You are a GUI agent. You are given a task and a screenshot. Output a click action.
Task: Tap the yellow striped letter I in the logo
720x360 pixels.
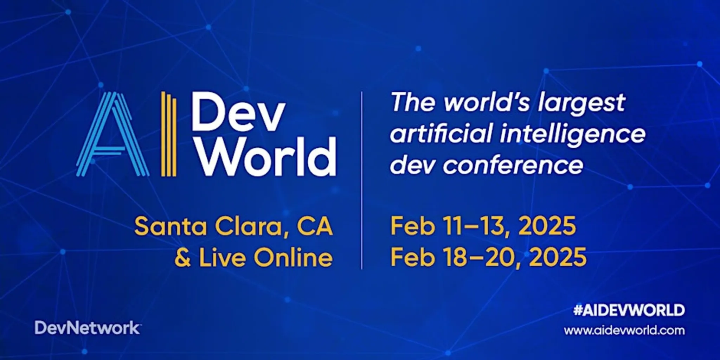[168, 134]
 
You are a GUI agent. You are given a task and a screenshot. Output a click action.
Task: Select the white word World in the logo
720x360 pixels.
[266, 156]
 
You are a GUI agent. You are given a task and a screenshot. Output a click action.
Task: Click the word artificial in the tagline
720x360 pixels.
[441, 134]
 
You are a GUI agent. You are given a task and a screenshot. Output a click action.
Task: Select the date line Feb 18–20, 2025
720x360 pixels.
[488, 257]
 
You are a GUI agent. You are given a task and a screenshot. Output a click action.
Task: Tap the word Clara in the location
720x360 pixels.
[249, 226]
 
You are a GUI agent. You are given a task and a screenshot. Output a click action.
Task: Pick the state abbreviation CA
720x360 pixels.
[315, 226]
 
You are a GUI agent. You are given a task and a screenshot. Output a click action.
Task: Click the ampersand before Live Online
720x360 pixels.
[183, 258]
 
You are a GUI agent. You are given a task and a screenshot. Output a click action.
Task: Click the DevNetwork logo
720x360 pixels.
[88, 328]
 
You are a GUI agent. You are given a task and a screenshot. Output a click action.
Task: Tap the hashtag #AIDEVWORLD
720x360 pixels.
[629, 310]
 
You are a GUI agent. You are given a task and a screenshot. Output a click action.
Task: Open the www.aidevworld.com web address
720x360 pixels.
[624, 330]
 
